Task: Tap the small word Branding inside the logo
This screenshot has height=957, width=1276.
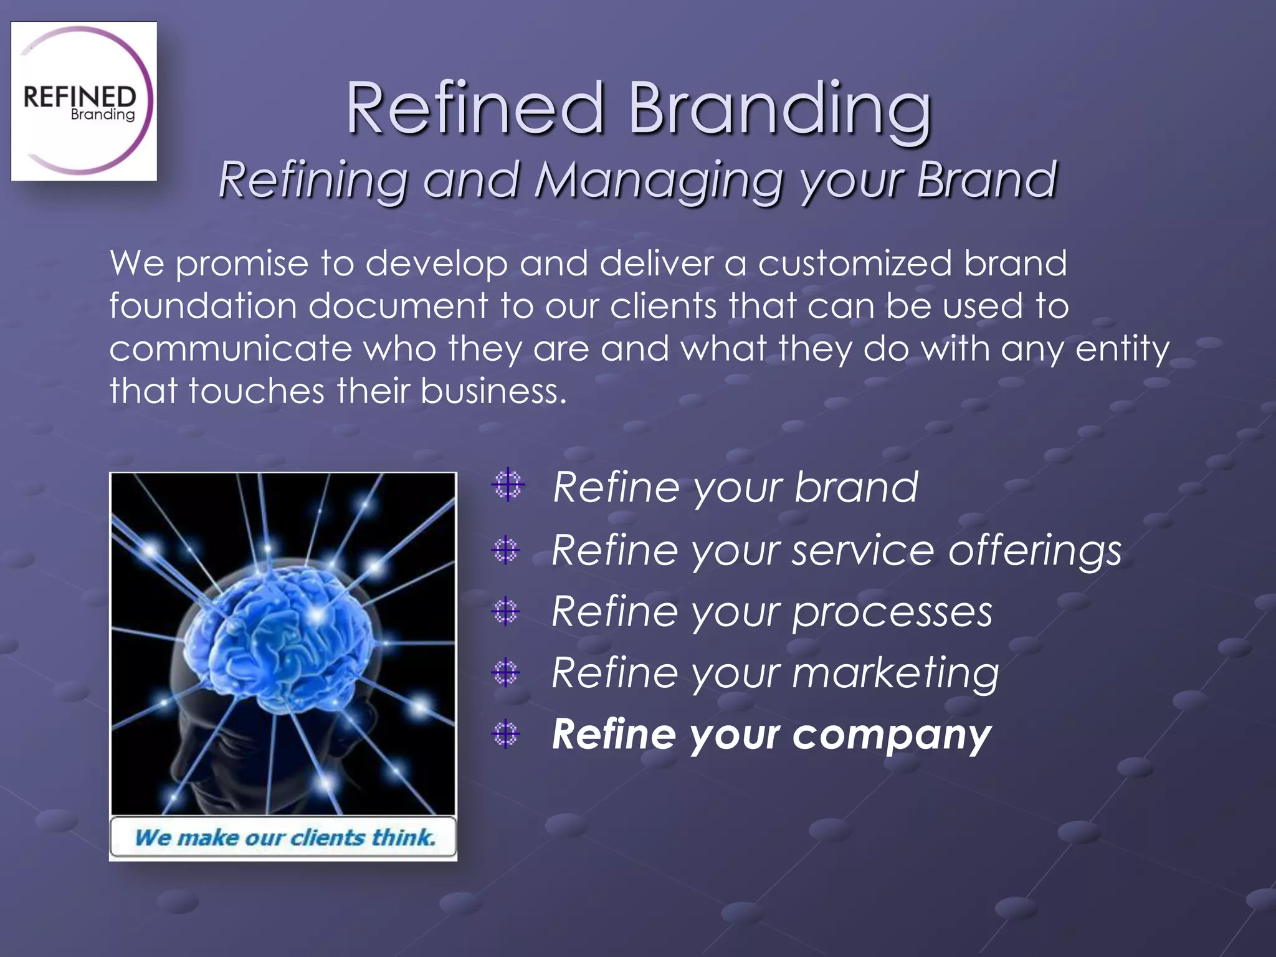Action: tap(103, 115)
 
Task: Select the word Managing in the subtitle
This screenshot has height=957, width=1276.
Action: tap(659, 180)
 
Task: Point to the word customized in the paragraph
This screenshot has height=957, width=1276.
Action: tap(855, 264)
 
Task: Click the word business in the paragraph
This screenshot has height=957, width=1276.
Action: tap(493, 391)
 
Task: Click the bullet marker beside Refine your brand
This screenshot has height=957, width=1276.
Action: tap(508, 485)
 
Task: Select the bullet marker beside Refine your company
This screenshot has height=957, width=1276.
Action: tap(505, 734)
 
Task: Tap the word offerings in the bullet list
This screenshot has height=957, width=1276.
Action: tap(1034, 551)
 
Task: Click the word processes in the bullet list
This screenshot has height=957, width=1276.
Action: tap(892, 612)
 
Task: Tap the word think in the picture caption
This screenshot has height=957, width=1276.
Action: tap(404, 837)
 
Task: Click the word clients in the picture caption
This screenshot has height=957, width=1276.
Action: tap(328, 837)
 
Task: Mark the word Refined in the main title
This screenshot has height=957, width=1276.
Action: tap(475, 108)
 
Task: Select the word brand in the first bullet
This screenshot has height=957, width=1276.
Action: tap(856, 487)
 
